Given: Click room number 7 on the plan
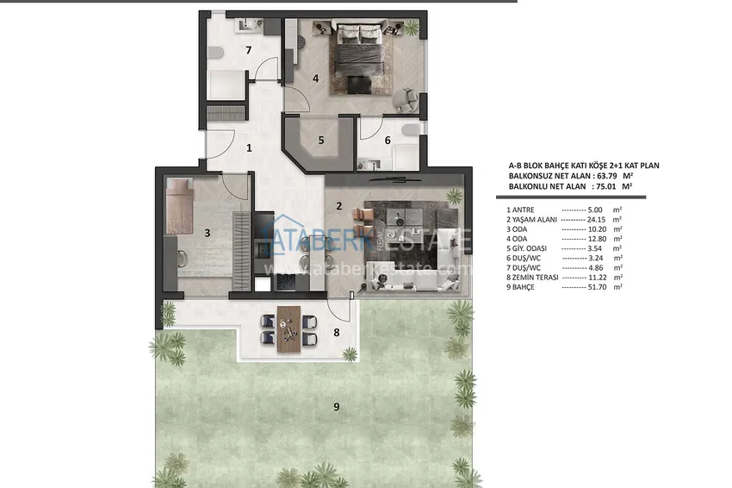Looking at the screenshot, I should coord(248,50).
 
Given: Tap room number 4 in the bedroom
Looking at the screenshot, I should coord(316,78).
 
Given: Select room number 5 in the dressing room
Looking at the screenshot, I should coord(320,140).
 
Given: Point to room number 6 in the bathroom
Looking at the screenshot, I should coord(388,140).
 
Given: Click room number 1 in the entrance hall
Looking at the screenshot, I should coord(249,147).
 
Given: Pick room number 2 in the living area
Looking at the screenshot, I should coord(339,205).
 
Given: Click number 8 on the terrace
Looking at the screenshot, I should coord(338,332).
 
